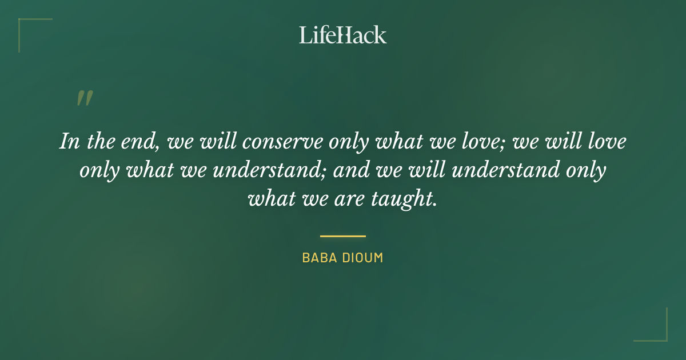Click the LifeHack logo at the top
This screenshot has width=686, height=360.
tap(342, 35)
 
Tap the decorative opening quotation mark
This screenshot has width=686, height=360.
tap(84, 99)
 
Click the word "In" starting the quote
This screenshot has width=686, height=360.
tap(69, 142)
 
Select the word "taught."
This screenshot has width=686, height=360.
tap(405, 199)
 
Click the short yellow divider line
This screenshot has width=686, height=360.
tap(342, 236)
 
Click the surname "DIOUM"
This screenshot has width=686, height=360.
tap(362, 258)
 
